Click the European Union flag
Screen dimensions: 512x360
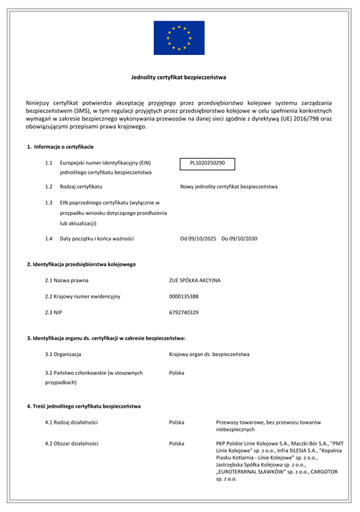(x=179, y=38)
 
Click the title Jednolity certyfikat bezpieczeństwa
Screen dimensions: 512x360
(x=180, y=77)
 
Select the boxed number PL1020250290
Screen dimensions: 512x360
(x=208, y=164)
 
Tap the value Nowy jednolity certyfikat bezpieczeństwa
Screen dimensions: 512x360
(x=229, y=187)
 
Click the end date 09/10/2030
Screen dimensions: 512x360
(x=244, y=239)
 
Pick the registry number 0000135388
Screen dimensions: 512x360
(x=184, y=297)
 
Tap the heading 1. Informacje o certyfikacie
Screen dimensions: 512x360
(x=60, y=147)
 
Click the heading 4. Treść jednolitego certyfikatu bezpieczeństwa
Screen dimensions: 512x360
(x=83, y=406)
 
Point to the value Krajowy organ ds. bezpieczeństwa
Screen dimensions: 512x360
(x=209, y=354)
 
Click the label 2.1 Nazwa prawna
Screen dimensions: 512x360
(x=65, y=280)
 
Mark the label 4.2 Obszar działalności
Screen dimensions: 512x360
(x=72, y=444)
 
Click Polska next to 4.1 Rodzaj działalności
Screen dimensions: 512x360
(x=177, y=422)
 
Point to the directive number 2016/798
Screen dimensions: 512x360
(x=297, y=119)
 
